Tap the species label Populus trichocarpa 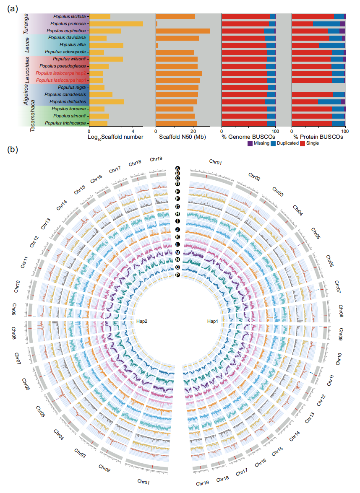pos(65,123)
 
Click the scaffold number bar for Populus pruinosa pos(116,24)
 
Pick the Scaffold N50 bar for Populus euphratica pos(183,31)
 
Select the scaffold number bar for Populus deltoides pos(107,102)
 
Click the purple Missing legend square pos(250,143)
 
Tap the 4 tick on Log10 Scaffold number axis pos(133,130)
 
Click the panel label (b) pos(13,149)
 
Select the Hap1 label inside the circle pos(213,321)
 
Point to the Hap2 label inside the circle pos(142,321)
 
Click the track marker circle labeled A pos(177,168)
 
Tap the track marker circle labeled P pos(177,275)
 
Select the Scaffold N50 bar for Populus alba pos(157,45)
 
